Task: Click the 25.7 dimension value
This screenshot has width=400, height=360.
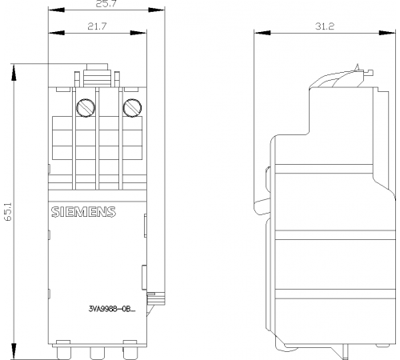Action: (106, 4)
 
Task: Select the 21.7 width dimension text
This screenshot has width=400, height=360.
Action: (97, 26)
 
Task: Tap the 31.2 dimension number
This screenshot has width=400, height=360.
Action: (324, 26)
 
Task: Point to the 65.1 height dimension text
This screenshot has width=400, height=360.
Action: (8, 211)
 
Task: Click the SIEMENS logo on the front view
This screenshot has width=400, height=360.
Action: (83, 212)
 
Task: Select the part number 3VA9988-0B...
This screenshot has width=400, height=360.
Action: (112, 310)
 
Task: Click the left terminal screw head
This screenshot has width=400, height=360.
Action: (86, 108)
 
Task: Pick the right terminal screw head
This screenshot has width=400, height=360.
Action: (132, 108)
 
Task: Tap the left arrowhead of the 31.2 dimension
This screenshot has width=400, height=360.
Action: (262, 33)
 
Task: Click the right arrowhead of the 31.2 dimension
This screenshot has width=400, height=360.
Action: (387, 33)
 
